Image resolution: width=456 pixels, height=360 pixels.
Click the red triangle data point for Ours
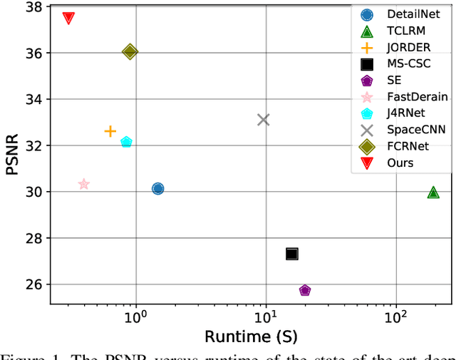pyautogui.click(x=68, y=18)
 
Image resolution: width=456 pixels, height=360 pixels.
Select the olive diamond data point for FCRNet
pyautogui.click(x=130, y=51)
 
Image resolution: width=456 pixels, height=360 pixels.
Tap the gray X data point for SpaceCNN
pyautogui.click(x=264, y=120)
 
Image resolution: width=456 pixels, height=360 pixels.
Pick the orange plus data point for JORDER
pyautogui.click(x=110, y=131)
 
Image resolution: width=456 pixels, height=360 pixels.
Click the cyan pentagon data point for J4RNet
pyautogui.click(x=126, y=143)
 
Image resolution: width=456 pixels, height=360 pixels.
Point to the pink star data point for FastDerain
pyautogui.click(x=83, y=184)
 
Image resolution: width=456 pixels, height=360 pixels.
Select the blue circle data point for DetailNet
pyautogui.click(x=157, y=188)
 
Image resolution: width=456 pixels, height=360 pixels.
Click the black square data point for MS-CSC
pyautogui.click(x=291, y=254)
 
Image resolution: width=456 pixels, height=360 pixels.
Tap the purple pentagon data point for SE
pyautogui.click(x=305, y=290)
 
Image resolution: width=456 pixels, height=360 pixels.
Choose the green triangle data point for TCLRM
pyautogui.click(x=433, y=192)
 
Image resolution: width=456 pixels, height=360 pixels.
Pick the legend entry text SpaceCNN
pyautogui.click(x=417, y=130)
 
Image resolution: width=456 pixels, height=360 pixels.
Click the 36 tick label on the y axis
pyautogui.click(x=33, y=53)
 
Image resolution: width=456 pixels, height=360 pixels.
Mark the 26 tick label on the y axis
pyautogui.click(x=33, y=284)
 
